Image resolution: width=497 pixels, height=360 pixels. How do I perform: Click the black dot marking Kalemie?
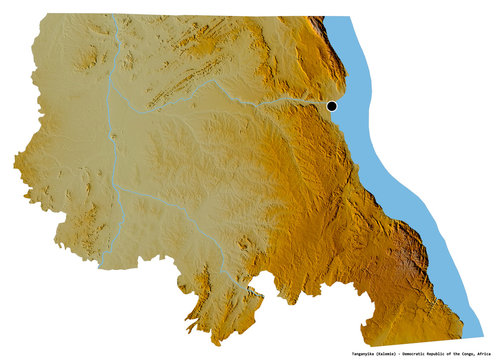pyautogui.click(x=332, y=106)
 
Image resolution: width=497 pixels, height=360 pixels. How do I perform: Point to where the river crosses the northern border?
pyautogui.click(x=118, y=17)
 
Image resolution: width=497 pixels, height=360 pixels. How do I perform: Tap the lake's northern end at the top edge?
pyautogui.click(x=335, y=18)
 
